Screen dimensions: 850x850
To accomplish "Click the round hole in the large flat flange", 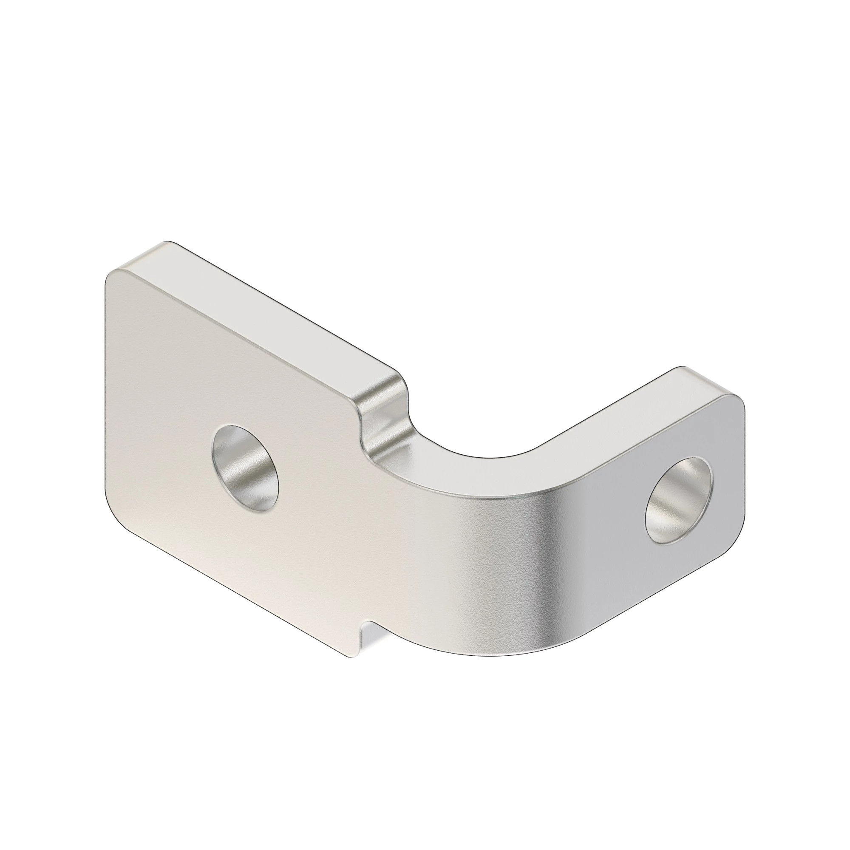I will point(245,468).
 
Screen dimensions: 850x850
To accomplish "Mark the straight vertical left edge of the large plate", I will point(105,396).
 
